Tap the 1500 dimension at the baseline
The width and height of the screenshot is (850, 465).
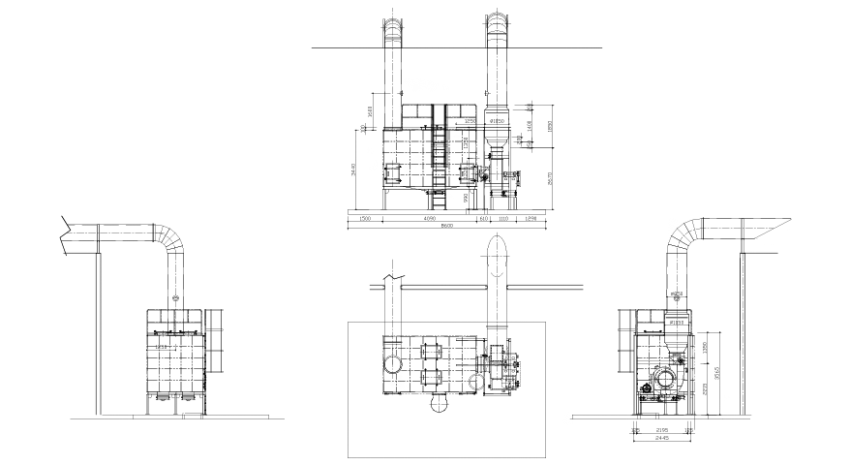pyautogui.click(x=365, y=219)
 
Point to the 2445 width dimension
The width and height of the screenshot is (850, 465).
pyautogui.click(x=663, y=438)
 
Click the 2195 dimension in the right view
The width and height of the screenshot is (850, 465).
pyautogui.click(x=663, y=429)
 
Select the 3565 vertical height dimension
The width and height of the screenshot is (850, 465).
pyautogui.click(x=715, y=369)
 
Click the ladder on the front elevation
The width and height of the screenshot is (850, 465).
pyautogui.click(x=439, y=165)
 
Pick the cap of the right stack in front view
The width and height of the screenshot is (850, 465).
pyautogui.click(x=495, y=23)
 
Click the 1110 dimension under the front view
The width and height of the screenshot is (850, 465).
pyautogui.click(x=502, y=219)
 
